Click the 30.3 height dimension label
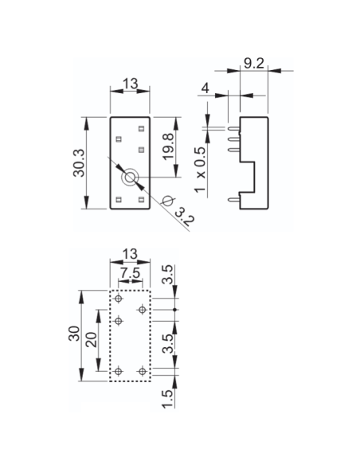point(79,163)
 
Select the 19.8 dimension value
point(169,147)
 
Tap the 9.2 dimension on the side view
point(254,63)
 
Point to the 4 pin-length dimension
point(205,88)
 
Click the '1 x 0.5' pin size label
point(200,170)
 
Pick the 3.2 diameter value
point(185,217)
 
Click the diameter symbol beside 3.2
point(168,201)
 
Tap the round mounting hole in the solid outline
point(130,178)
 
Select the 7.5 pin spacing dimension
point(131,273)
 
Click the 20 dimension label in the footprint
point(92,340)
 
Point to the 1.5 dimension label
point(167,399)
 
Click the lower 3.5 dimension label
point(168,343)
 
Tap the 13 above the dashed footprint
point(130,254)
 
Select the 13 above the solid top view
point(131,84)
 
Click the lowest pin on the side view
point(234,200)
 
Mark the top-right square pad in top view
point(141,129)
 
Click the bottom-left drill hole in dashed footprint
point(119,371)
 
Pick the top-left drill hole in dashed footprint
point(119,299)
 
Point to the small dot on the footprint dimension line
point(174,310)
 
